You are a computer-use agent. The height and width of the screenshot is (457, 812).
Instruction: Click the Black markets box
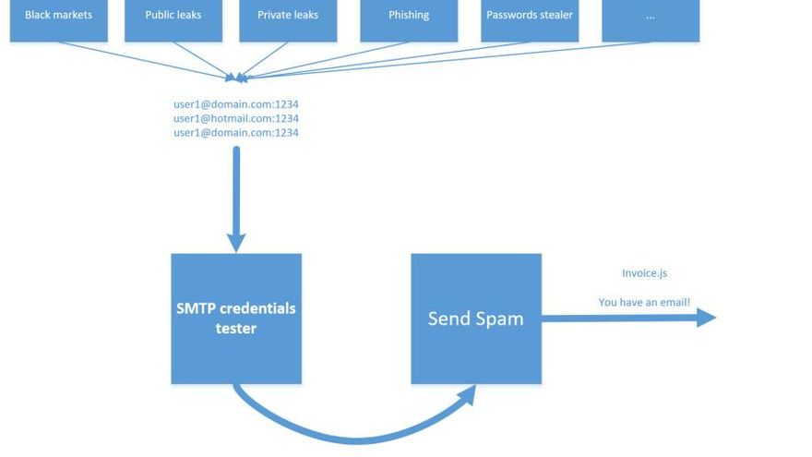point(58,18)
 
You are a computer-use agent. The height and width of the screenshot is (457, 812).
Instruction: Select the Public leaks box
point(173,18)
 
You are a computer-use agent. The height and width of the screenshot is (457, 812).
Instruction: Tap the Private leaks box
point(288,18)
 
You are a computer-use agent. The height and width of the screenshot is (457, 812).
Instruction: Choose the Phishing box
point(409,18)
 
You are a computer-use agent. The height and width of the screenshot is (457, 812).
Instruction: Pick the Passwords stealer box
point(530,18)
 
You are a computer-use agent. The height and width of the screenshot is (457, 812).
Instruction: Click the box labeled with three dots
point(651,18)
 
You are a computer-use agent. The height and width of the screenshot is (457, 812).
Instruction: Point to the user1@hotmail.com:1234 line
point(236,118)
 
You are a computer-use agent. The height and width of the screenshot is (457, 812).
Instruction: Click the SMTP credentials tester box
point(236,319)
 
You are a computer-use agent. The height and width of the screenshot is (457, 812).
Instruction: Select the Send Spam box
point(476,319)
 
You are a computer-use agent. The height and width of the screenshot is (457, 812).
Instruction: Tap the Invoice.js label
point(644,273)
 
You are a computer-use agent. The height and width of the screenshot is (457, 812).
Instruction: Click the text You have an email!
point(644,302)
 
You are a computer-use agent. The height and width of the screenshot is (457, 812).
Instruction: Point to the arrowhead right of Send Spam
point(707,318)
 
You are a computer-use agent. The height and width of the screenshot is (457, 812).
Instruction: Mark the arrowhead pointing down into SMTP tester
point(236,243)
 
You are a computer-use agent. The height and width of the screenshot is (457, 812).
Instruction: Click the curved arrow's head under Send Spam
point(467,394)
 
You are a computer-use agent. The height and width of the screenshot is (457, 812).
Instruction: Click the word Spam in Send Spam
point(501,319)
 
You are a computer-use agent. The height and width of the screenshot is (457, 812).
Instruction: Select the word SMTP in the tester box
point(196,308)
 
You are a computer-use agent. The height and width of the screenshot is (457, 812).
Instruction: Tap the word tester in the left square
point(236,329)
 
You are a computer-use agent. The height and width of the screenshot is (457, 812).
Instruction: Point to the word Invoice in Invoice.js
point(639,273)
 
